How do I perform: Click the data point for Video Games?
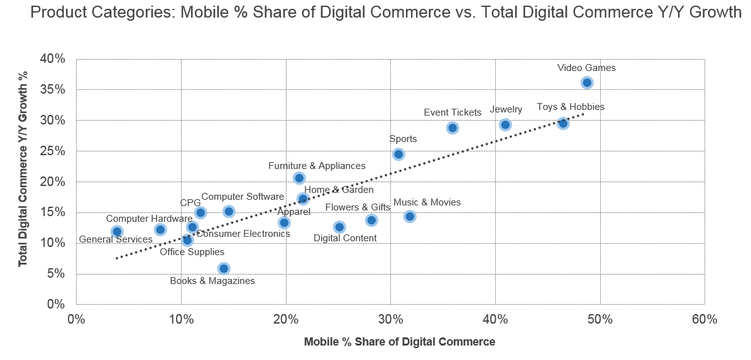(587, 82)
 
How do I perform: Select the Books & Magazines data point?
(223, 268)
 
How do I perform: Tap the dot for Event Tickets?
(452, 128)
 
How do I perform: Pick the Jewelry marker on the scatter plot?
(505, 124)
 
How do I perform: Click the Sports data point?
(398, 154)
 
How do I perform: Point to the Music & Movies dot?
(410, 216)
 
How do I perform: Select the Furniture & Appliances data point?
(299, 178)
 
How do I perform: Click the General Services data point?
(117, 231)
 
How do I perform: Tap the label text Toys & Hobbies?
(571, 107)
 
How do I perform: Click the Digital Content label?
(345, 238)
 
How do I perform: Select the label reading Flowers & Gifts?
(358, 207)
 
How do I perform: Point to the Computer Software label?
(243, 197)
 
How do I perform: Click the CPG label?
(190, 203)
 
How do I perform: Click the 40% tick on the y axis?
(53, 59)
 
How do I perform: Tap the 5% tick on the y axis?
(56, 274)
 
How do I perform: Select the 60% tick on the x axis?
(704, 319)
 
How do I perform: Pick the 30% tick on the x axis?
(390, 319)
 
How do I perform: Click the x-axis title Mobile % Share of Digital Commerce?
(399, 342)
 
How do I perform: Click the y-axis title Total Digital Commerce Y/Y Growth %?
(23, 182)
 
